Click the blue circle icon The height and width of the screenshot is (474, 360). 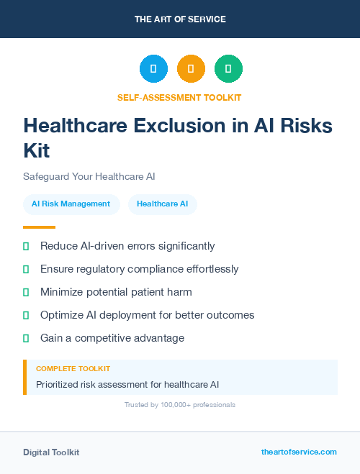pos(153,69)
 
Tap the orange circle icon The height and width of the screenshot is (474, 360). pos(191,69)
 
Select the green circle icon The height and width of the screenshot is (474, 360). pos(228,69)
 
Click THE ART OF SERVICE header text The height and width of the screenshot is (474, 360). pos(180,19)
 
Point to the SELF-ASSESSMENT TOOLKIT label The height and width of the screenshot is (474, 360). pos(179,97)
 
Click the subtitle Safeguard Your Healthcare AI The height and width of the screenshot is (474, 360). pos(89,176)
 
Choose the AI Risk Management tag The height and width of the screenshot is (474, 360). pos(71,204)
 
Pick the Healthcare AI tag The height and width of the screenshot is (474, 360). pos(162,204)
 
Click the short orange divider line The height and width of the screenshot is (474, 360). pos(39,227)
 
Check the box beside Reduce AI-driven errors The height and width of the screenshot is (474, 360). pos(26,246)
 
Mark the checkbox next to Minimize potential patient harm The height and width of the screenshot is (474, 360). pos(26,292)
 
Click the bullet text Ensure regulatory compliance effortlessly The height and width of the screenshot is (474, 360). pos(139,269)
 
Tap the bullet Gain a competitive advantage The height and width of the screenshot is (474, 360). pos(112,338)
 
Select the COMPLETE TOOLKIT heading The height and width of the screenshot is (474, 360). pos(73,368)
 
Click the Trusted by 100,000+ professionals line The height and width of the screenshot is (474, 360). pos(180,405)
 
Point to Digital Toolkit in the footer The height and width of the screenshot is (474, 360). pos(51,452)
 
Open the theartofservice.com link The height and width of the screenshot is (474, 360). pos(299,452)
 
